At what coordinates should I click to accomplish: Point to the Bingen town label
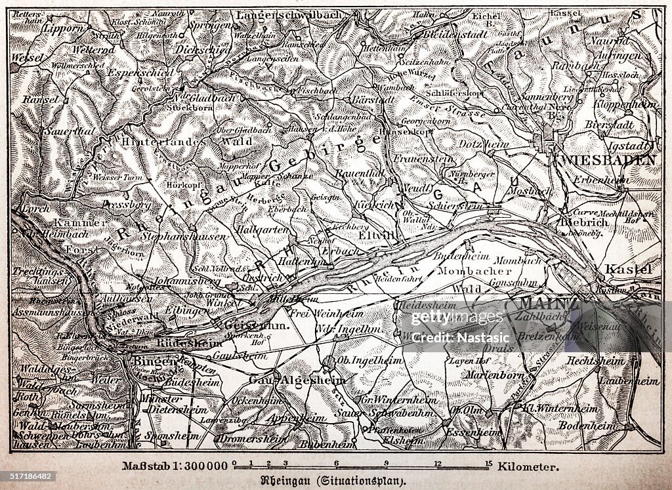(x=154, y=361)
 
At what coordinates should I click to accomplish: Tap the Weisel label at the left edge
(x=26, y=58)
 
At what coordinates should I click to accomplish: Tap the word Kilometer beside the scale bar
(x=528, y=467)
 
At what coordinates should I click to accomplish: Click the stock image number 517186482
(x=29, y=476)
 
